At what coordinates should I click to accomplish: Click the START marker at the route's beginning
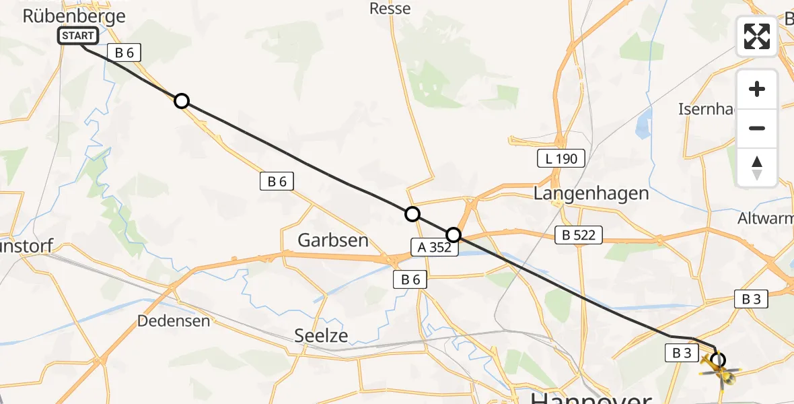pyautogui.click(x=79, y=36)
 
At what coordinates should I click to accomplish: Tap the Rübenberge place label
pyautogui.click(x=74, y=16)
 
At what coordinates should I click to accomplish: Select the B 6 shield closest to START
pyautogui.click(x=123, y=53)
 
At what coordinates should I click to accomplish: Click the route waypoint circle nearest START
pyautogui.click(x=181, y=101)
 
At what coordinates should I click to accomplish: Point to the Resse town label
pyautogui.click(x=390, y=9)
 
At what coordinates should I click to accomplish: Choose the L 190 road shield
pyautogui.click(x=561, y=159)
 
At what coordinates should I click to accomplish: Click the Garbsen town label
pyautogui.click(x=333, y=240)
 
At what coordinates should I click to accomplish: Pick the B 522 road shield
pyautogui.click(x=579, y=235)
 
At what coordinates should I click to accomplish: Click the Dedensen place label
pyautogui.click(x=174, y=321)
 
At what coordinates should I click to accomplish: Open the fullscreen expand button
pyautogui.click(x=757, y=36)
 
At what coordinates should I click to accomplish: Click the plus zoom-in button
pyautogui.click(x=757, y=89)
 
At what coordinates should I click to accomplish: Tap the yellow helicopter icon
pyautogui.click(x=720, y=370)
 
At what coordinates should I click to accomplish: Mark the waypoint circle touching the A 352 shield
pyautogui.click(x=454, y=234)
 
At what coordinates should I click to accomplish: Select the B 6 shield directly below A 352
pyautogui.click(x=410, y=279)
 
